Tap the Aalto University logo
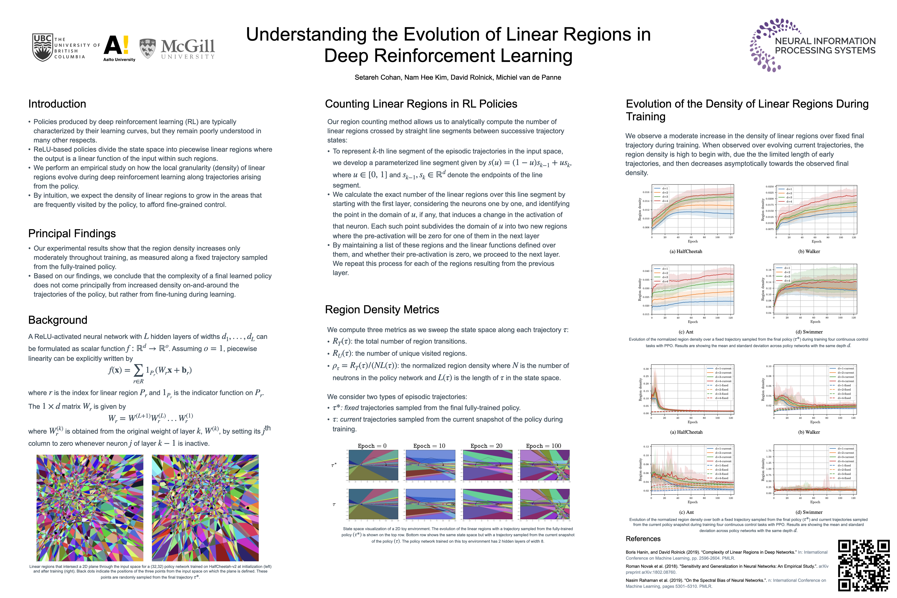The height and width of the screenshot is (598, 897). tap(118, 48)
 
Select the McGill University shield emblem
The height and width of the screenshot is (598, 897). tap(148, 48)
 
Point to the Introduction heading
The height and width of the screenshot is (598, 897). tap(57, 104)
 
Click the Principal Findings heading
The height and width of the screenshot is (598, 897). tap(72, 233)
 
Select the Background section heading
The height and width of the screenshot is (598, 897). tap(58, 320)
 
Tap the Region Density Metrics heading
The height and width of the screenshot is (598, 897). tap(382, 310)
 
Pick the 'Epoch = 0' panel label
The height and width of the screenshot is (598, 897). tap(372, 446)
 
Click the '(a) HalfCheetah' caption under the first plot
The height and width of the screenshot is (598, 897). tap(686, 251)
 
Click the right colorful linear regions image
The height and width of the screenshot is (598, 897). tap(205, 508)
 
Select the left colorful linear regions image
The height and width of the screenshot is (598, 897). tap(90, 508)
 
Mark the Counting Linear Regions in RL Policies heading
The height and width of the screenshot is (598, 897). tap(421, 104)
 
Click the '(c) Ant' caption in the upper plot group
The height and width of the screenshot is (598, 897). tap(686, 332)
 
